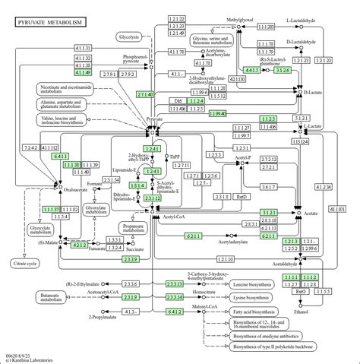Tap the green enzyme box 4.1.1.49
point(84,73)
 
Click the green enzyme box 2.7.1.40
point(146,94)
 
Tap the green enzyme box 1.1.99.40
point(218,113)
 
